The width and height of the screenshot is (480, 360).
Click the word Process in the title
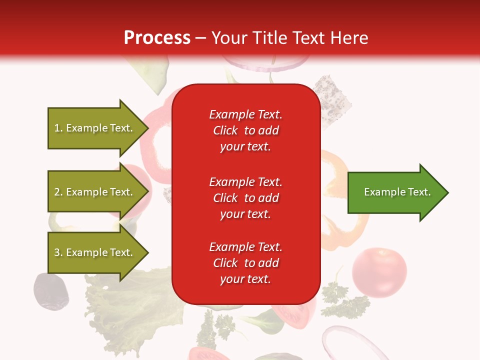(157, 37)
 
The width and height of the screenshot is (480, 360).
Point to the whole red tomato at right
(379, 272)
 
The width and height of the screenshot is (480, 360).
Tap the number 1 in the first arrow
(57, 128)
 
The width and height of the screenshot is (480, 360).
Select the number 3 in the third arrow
(57, 252)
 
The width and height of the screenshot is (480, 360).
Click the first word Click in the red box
(225, 130)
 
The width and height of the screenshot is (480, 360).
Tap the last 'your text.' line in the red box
(245, 279)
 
